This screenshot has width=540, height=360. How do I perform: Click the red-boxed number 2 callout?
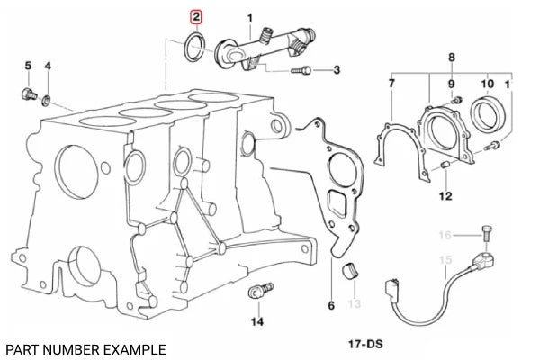(x=196, y=17)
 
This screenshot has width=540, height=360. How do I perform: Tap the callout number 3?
(x=336, y=69)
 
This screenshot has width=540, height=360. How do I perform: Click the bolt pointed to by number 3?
(x=306, y=68)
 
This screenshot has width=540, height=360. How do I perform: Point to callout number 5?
(x=27, y=66)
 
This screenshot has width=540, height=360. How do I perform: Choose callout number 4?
(x=48, y=66)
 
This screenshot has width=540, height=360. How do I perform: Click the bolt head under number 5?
(x=28, y=93)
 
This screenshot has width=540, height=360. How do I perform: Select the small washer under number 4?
(x=49, y=95)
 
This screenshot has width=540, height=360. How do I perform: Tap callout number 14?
(x=256, y=320)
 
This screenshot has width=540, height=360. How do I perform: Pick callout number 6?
(x=330, y=306)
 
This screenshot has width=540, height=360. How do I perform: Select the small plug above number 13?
(x=353, y=270)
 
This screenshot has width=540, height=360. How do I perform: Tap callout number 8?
(x=451, y=58)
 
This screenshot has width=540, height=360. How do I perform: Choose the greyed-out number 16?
(x=443, y=236)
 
